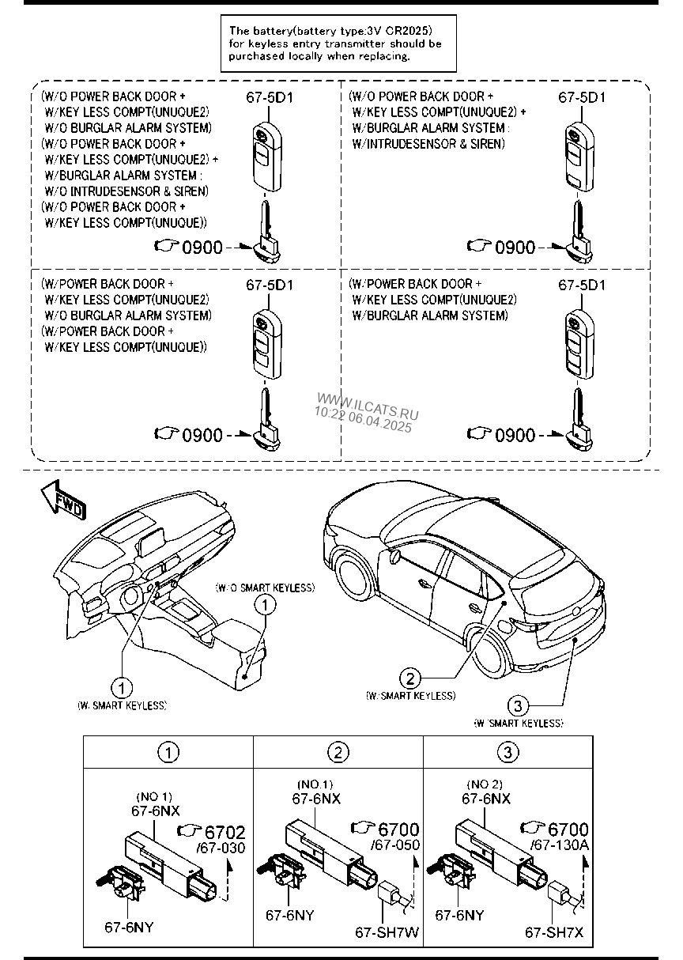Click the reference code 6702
pyautogui.click(x=225, y=832)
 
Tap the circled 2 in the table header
pyautogui.click(x=338, y=752)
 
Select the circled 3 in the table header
pyautogui.click(x=508, y=752)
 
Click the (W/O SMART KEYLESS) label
pyautogui.click(x=265, y=588)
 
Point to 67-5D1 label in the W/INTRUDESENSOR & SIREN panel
pyautogui.click(x=582, y=97)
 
